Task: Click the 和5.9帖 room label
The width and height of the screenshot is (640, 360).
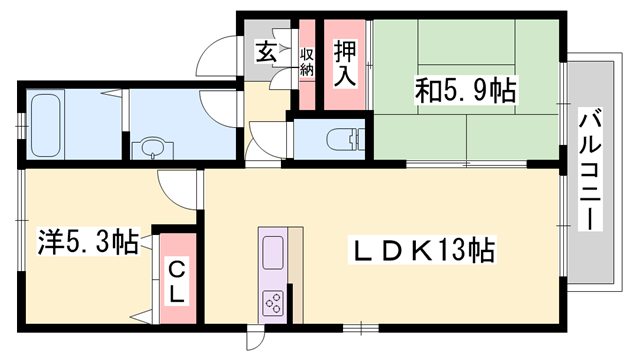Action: [x=466, y=92]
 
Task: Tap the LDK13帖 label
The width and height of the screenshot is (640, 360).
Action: [x=422, y=250]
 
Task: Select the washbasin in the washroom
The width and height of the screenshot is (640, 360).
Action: [x=152, y=148]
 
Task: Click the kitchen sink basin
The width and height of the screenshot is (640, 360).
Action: [x=274, y=250]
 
